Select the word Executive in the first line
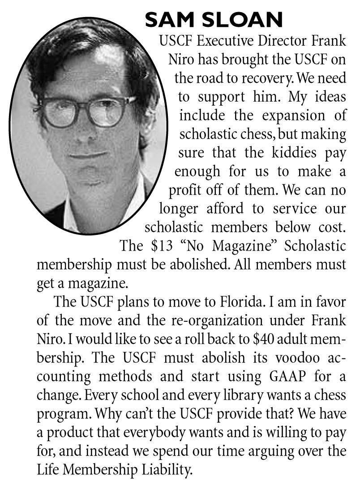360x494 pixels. point(224,41)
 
